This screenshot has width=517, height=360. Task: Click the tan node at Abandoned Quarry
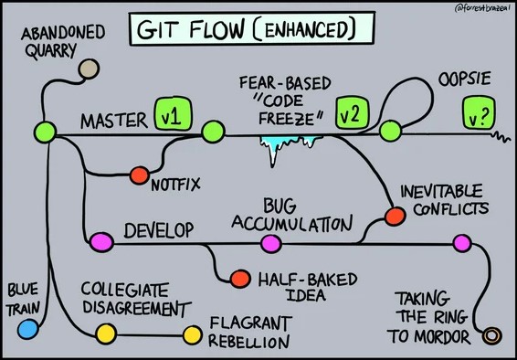pos(89,68)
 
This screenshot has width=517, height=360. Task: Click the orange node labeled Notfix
pos(140,175)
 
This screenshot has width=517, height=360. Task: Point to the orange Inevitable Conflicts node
pos(395,216)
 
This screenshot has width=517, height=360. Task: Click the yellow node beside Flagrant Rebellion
pos(192,333)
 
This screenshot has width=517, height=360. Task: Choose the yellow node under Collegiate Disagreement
pos(105,332)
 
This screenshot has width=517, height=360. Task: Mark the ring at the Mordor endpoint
pos(491,335)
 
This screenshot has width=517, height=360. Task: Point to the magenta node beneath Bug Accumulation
pos(269,243)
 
